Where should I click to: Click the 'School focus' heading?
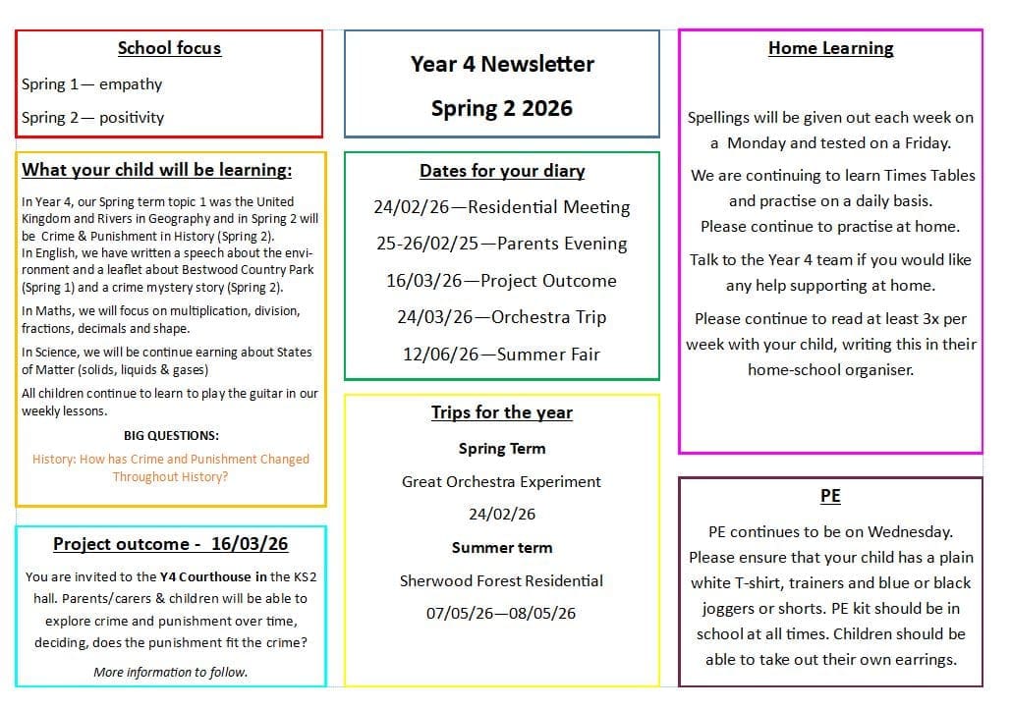click(169, 48)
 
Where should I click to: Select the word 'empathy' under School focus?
click(131, 84)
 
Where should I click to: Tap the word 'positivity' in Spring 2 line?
click(132, 117)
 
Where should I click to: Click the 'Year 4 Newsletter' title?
click(502, 64)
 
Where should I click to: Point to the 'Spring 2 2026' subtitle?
click(502, 108)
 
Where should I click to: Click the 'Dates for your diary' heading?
click(502, 171)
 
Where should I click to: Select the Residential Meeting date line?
click(502, 207)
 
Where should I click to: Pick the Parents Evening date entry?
click(502, 244)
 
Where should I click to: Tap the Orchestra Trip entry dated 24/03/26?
click(502, 317)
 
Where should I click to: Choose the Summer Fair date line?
click(502, 354)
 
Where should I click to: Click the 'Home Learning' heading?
click(830, 48)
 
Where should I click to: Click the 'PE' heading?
click(830, 496)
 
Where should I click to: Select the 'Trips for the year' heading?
click(502, 412)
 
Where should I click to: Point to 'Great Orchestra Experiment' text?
click(502, 481)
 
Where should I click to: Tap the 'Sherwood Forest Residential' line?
click(502, 580)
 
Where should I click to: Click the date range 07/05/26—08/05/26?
click(502, 613)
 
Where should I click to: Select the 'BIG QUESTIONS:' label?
click(171, 435)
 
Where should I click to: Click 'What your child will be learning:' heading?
click(157, 170)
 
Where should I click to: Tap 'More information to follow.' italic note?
click(171, 672)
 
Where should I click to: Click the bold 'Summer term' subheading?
click(502, 548)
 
